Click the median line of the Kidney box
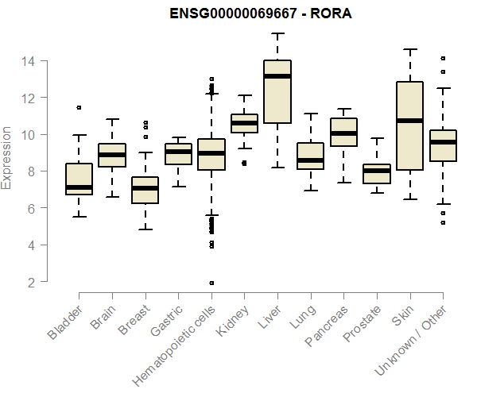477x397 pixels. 244,123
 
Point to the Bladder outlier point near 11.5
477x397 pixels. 79,107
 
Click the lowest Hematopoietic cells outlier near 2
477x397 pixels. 211,283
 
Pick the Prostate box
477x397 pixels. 376,174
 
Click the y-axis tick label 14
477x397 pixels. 28,61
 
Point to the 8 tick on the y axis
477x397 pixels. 28,172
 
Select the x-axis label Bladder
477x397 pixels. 65,322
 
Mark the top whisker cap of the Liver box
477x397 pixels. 277,33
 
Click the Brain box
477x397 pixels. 112,155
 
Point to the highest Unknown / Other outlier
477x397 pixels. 443,58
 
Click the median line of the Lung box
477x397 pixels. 310,160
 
